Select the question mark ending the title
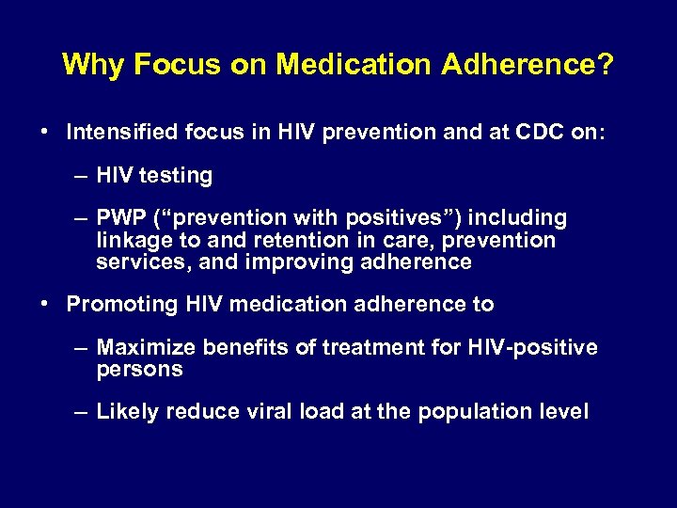tap(606, 64)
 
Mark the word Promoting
tap(116, 305)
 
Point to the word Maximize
tap(145, 348)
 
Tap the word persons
tap(138, 370)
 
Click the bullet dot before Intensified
tap(45, 133)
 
